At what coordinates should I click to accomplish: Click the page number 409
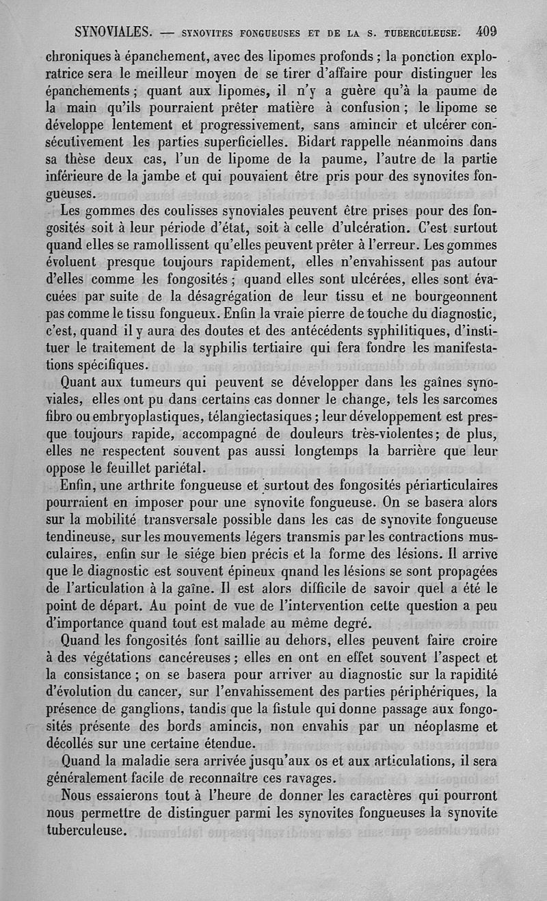coord(487,31)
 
